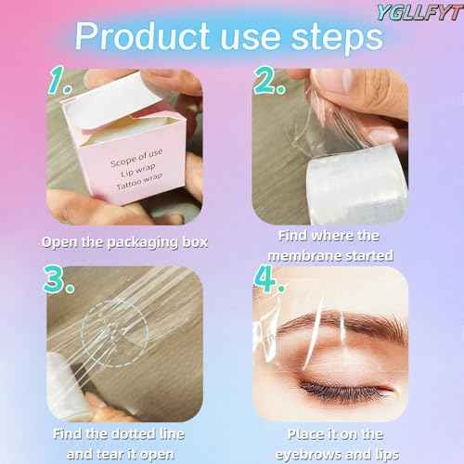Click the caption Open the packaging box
[125, 242]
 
